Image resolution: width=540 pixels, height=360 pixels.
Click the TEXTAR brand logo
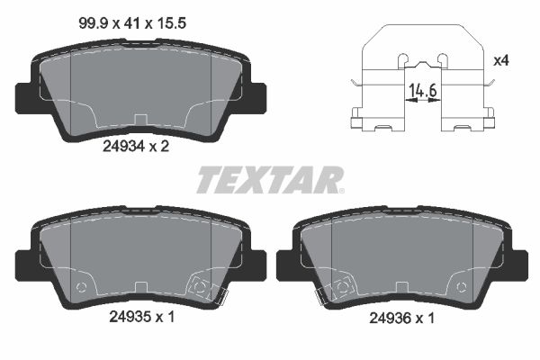(x=267, y=180)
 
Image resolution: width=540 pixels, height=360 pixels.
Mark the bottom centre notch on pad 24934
(x=140, y=118)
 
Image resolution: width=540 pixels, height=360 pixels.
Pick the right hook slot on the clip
(x=441, y=59)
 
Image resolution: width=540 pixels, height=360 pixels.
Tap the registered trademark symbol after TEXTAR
(x=339, y=189)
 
